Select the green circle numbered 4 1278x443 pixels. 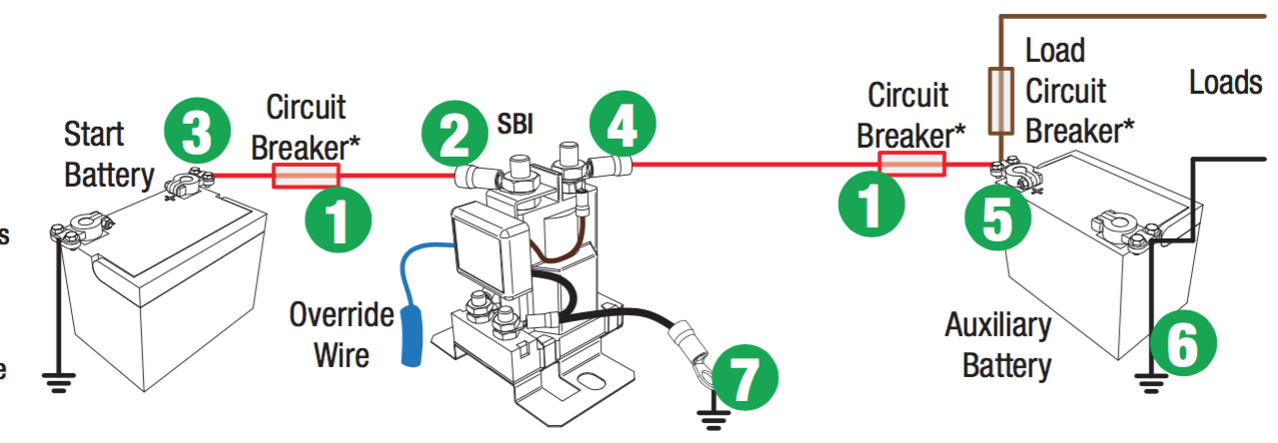621,128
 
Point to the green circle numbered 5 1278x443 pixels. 998,221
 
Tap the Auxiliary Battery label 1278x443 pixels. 998,344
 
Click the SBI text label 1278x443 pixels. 515,125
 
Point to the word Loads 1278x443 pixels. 1225,82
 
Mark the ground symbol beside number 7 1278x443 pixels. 712,418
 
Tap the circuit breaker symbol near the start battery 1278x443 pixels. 306,176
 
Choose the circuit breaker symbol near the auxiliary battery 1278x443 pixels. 911,164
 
